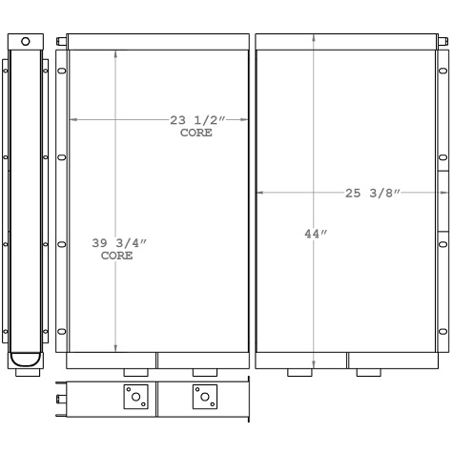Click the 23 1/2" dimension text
[196, 120]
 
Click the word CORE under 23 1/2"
[196, 133]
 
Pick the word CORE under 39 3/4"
[117, 257]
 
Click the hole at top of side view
[26, 42]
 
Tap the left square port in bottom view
[135, 397]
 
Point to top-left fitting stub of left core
[61, 42]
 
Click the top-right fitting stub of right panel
[443, 42]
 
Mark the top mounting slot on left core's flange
[62, 69]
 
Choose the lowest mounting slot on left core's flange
[62, 331]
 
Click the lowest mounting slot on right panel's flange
[442, 331]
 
